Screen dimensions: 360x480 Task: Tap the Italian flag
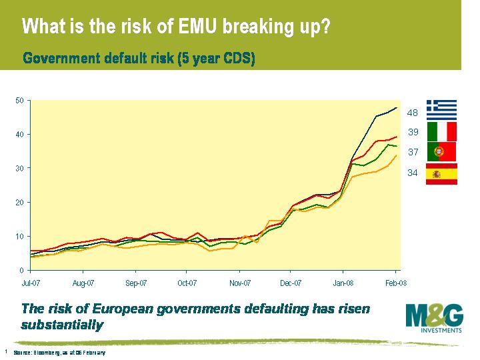point(441,131)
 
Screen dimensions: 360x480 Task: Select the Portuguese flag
point(441,151)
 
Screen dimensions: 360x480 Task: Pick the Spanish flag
point(441,173)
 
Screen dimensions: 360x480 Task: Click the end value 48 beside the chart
point(413,113)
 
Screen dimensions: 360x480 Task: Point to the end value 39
point(413,133)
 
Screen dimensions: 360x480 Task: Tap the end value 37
point(413,152)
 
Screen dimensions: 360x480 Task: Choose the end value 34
point(413,173)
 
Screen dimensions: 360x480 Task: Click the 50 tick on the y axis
point(19,101)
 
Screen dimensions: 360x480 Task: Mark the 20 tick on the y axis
point(19,202)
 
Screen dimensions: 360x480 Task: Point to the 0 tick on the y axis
point(21,270)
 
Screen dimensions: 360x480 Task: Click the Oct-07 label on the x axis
point(187,283)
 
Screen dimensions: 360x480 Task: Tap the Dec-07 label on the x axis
point(291,283)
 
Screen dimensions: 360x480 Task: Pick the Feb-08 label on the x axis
point(396,283)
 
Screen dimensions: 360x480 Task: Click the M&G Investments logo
point(433,317)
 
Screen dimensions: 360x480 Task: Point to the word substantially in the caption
point(63,325)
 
